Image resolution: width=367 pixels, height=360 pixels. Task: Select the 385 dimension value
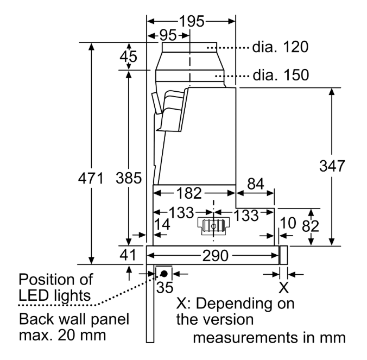click(x=129, y=178)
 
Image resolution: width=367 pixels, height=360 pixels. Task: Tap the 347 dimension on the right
click(x=332, y=166)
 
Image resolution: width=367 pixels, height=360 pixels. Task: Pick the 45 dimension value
click(x=129, y=56)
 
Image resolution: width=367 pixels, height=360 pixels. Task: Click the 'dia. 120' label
click(x=280, y=47)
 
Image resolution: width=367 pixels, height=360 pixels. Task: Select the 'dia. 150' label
click(x=280, y=74)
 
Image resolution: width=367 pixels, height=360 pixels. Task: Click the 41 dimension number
click(x=128, y=255)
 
